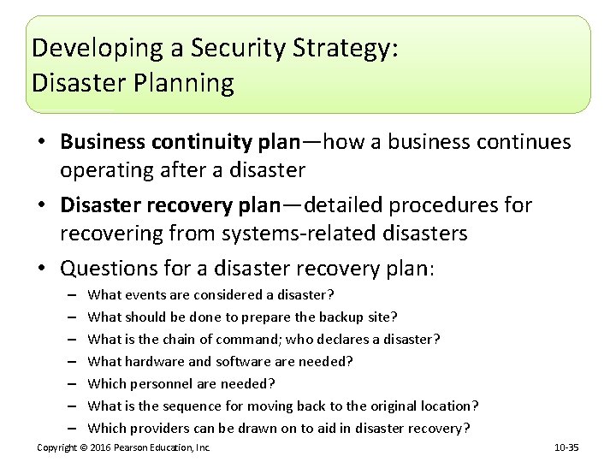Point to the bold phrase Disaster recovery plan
click(x=169, y=205)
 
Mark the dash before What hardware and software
click(x=68, y=362)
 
